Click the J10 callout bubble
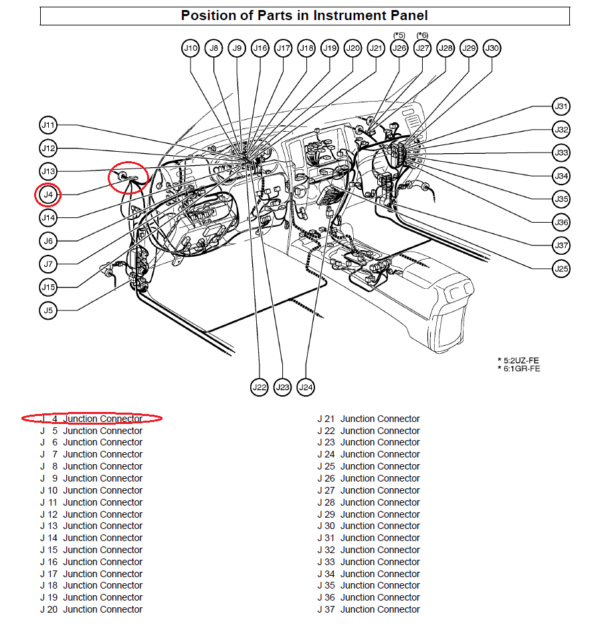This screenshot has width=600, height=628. (x=190, y=47)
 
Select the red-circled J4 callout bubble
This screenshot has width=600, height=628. (x=48, y=194)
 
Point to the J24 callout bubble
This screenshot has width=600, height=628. (x=306, y=387)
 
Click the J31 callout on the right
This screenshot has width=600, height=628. (x=561, y=106)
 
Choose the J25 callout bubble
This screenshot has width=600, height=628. (x=561, y=268)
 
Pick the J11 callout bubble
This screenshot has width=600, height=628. (x=48, y=125)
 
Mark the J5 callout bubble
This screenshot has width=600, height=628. (x=48, y=310)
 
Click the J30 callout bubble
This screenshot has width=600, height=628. (x=491, y=47)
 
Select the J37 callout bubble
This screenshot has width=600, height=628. (x=561, y=245)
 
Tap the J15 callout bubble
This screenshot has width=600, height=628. (x=48, y=287)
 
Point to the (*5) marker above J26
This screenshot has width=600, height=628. (x=399, y=34)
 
